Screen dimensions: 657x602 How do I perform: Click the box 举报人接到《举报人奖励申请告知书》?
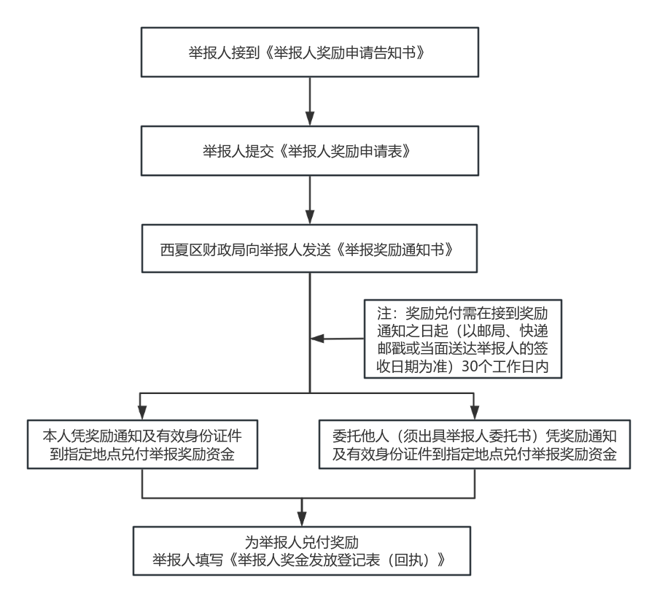[310, 53]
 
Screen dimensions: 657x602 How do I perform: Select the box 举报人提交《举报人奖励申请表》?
[310, 151]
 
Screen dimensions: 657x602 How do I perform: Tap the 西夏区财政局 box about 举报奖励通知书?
[309, 249]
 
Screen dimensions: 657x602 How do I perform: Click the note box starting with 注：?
[462, 339]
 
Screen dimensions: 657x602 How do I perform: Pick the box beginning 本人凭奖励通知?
[142, 444]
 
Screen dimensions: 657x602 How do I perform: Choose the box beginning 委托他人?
[474, 444]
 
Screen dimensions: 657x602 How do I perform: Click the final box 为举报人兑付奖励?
[302, 551]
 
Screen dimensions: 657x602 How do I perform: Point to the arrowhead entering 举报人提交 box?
[310, 119]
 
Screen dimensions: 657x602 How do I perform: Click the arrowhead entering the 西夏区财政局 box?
[310, 217]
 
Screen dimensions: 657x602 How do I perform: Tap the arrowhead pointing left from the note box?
[317, 339]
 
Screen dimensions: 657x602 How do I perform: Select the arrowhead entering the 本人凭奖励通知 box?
[142, 413]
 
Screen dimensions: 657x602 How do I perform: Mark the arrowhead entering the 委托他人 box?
[474, 413]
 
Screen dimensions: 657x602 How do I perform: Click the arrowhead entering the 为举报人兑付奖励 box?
[302, 520]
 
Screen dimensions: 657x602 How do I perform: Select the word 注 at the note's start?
[384, 313]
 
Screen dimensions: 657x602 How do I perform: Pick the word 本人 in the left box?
[57, 436]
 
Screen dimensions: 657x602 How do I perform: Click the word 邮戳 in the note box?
[391, 349]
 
